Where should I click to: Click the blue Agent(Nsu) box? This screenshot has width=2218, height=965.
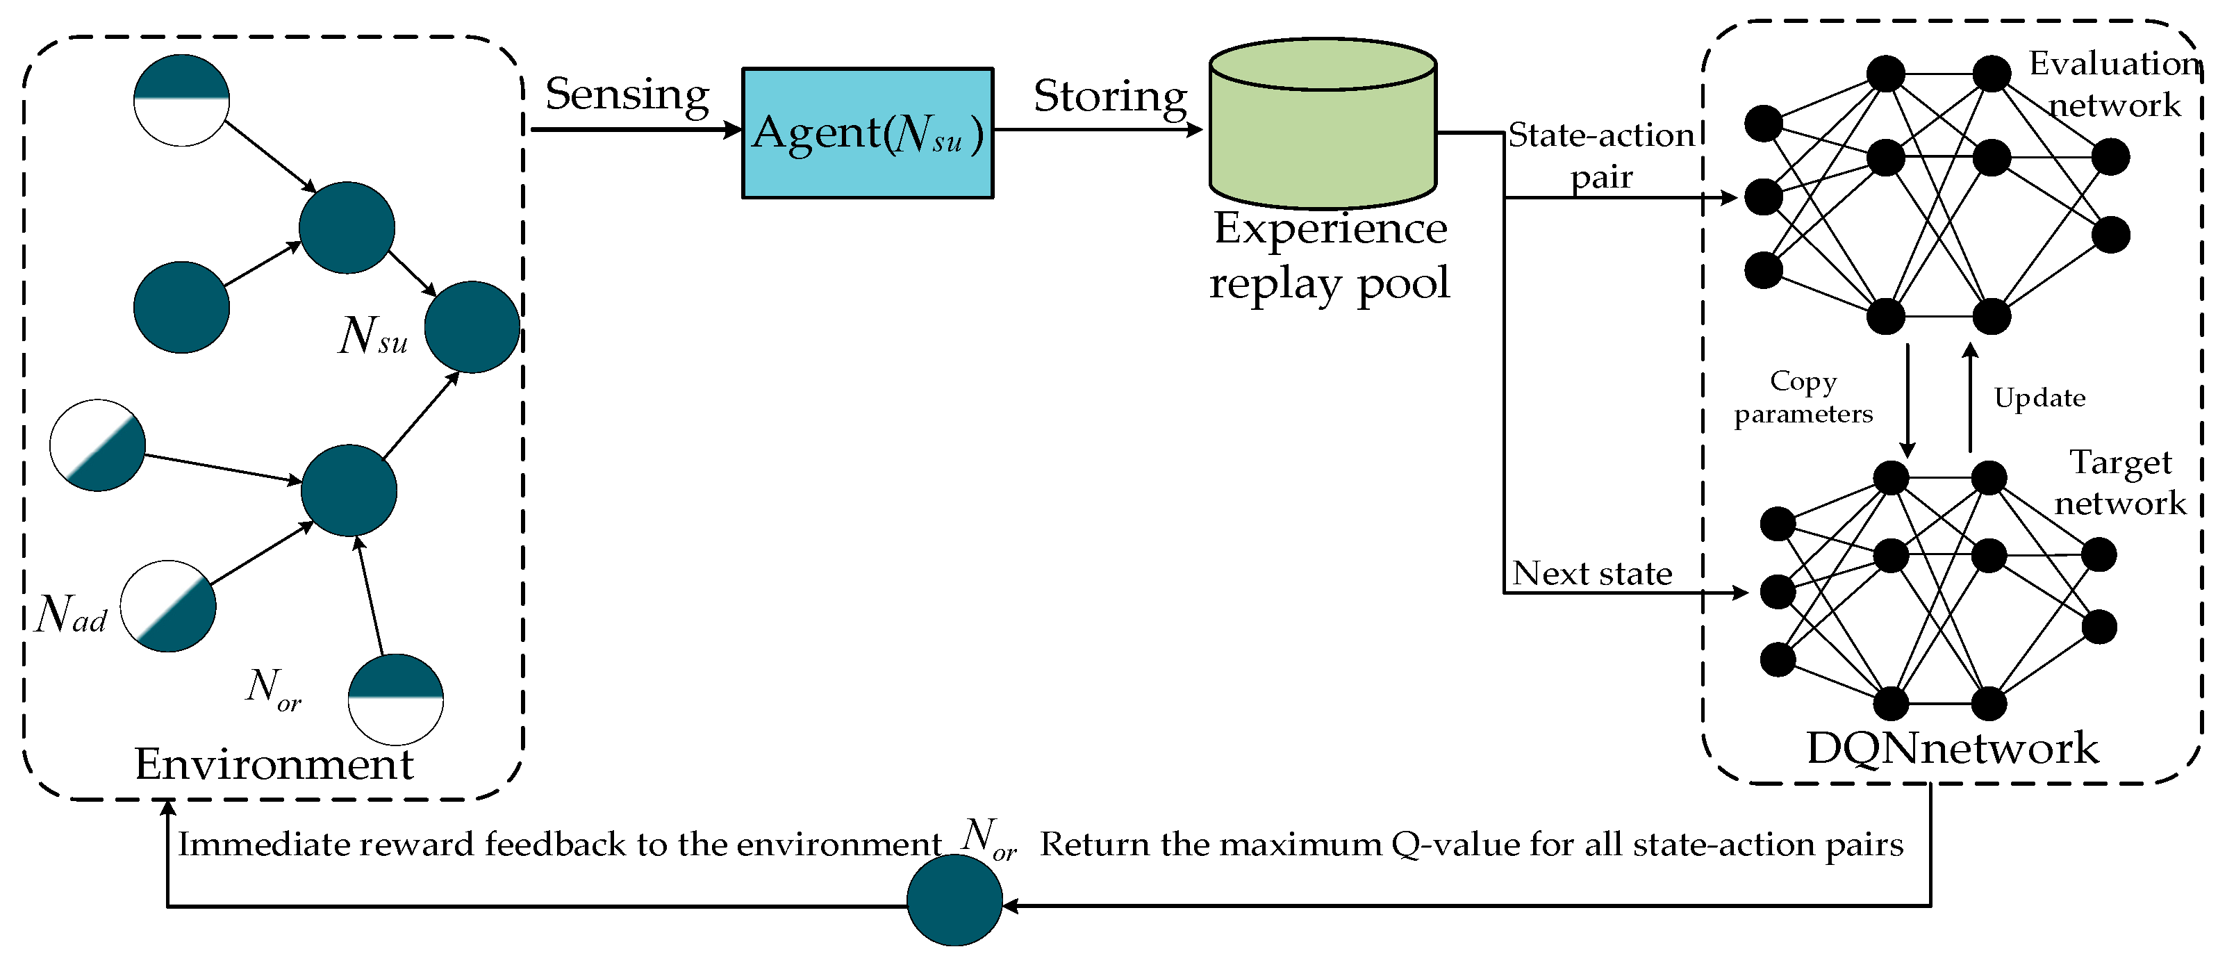867,133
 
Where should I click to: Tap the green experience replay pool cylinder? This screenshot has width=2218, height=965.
1322,125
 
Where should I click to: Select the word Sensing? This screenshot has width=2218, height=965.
627,94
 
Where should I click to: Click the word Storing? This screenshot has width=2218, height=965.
1110,97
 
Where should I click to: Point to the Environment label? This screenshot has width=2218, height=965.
274,764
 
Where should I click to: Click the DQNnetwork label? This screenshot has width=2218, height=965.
1951,748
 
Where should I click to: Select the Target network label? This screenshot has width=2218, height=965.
2120,482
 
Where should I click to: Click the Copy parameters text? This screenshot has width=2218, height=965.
1803,397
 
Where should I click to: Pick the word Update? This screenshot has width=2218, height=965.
2039,397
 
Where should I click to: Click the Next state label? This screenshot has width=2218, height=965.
1592,573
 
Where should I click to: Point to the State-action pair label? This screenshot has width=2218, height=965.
1600,156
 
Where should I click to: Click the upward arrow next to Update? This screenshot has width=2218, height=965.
1970,396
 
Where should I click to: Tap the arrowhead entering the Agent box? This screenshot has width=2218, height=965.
733,130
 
